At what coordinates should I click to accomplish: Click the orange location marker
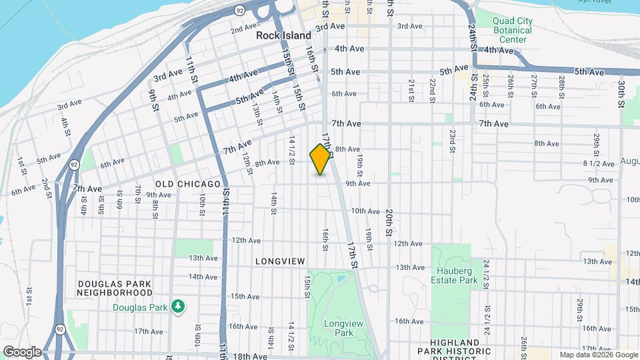point(321,159)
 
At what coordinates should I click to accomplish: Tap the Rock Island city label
point(284,35)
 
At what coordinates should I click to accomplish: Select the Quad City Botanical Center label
point(512,30)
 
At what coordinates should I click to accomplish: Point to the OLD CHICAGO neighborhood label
point(187,184)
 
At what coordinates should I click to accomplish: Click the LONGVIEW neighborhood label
point(280,261)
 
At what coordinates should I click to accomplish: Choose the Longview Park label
point(338,327)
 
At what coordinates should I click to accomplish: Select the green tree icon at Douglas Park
point(177,306)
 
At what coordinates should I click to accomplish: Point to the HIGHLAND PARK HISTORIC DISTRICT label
point(454,346)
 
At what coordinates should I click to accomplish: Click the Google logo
point(22,351)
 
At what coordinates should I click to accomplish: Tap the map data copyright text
point(598,355)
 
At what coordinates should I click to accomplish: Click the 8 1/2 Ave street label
point(598,163)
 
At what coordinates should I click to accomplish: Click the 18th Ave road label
point(250,357)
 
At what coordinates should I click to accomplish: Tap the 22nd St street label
point(433,87)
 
